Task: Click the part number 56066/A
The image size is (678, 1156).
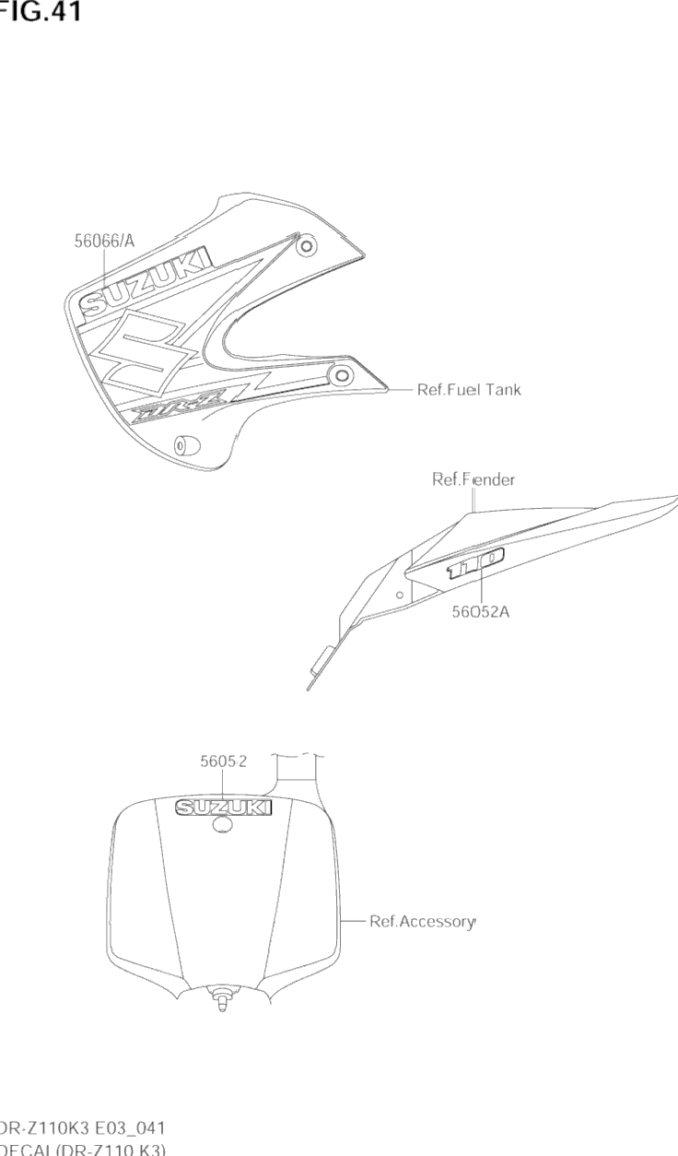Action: (104, 242)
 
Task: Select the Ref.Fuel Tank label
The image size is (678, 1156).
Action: (469, 390)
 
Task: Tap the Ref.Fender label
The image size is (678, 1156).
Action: (473, 479)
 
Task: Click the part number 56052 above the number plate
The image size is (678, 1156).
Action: (224, 761)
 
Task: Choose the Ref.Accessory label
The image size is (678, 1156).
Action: (423, 921)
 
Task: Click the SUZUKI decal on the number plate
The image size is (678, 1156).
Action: (225, 808)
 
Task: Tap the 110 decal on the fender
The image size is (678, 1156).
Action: (475, 563)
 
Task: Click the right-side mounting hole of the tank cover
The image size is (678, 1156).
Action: (342, 374)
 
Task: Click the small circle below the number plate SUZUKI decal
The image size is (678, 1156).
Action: (222, 827)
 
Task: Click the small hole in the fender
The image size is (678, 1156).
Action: (399, 596)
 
